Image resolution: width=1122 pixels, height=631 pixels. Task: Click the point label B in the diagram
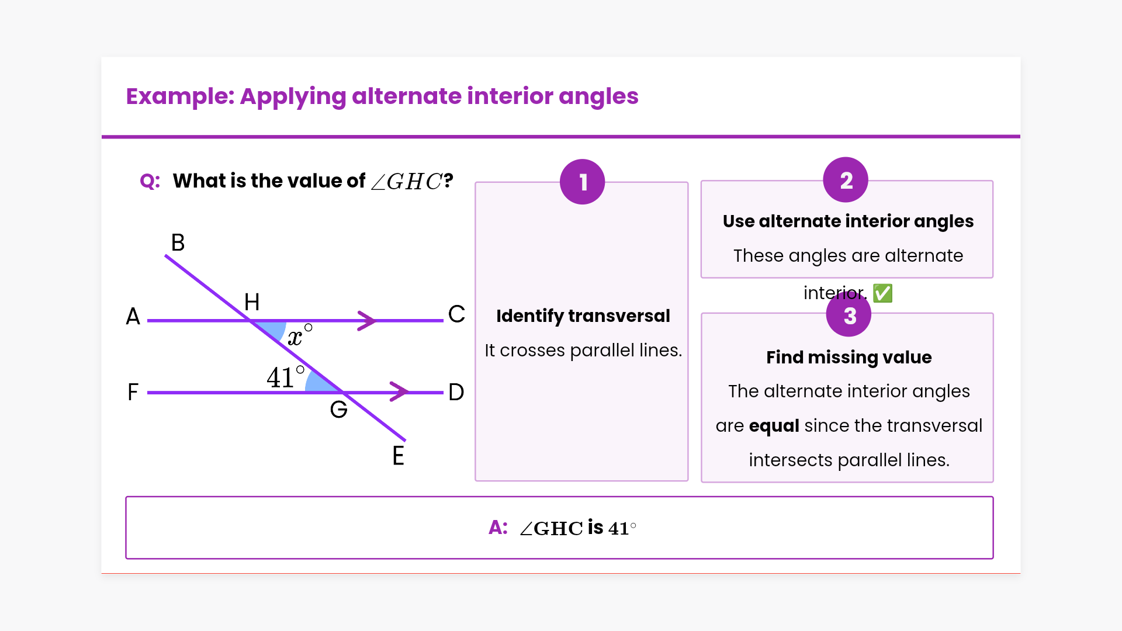point(178,242)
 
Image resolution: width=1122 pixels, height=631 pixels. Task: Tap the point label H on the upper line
point(252,302)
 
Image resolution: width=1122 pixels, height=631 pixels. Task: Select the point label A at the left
point(133,317)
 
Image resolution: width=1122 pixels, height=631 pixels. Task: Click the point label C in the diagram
point(456,314)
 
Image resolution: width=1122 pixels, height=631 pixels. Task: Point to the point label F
point(133,392)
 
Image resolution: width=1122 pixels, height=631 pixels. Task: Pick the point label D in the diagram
point(456,392)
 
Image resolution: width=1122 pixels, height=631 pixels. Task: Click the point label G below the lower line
point(338,410)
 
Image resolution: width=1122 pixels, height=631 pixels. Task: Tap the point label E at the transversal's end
point(398,456)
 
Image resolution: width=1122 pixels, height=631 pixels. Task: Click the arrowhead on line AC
point(367,320)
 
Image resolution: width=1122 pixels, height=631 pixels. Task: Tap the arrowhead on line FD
point(399,391)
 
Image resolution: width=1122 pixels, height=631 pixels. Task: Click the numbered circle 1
point(582,182)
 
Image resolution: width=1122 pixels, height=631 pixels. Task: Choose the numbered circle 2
point(846,180)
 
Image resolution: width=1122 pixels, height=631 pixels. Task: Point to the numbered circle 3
point(849,315)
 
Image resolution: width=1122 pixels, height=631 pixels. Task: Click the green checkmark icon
point(882,293)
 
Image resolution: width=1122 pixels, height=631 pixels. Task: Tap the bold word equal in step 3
point(774,426)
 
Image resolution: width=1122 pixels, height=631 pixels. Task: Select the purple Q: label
point(150,181)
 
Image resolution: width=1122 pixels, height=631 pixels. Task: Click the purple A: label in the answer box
point(498,527)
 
